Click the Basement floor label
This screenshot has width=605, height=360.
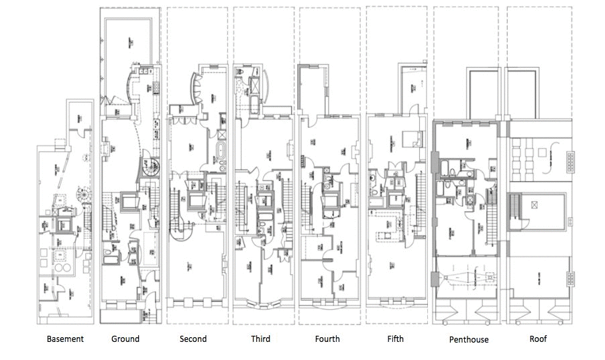pyautogui.click(x=65, y=339)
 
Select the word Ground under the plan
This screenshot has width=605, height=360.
pyautogui.click(x=125, y=339)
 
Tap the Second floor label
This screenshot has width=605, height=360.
pyautogui.click(x=193, y=339)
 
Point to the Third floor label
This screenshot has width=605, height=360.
pyautogui.click(x=260, y=339)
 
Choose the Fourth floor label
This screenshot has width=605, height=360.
pyautogui.click(x=327, y=339)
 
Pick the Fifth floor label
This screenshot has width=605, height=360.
pyautogui.click(x=395, y=339)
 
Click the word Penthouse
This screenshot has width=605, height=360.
pyautogui.click(x=469, y=339)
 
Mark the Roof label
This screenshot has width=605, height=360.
pyautogui.click(x=538, y=339)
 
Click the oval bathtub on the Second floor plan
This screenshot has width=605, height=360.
pyautogui.click(x=220, y=151)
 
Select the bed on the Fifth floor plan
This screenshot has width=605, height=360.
pyautogui.click(x=408, y=139)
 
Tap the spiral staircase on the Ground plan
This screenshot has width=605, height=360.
pyautogui.click(x=148, y=168)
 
